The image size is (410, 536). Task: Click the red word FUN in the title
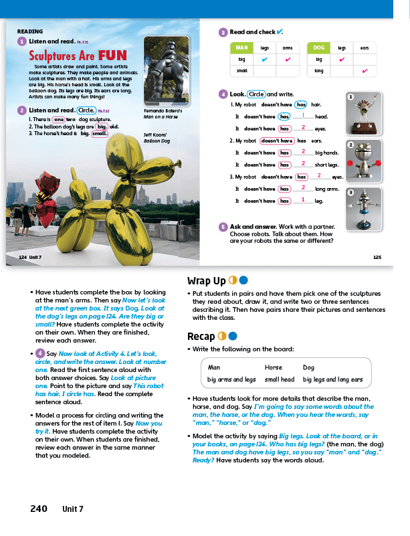click(x=112, y=56)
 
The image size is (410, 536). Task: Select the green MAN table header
click(x=241, y=48)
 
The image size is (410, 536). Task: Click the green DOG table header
click(x=318, y=48)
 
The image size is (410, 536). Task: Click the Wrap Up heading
click(x=207, y=281)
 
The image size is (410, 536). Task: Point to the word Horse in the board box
click(x=274, y=367)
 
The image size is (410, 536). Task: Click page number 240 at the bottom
click(x=39, y=509)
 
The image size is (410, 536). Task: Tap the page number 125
click(x=377, y=256)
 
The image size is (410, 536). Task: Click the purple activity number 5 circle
click(x=223, y=227)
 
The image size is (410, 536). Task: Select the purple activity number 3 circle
click(x=223, y=31)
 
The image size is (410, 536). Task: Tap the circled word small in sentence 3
click(x=99, y=133)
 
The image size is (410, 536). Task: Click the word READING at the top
click(x=30, y=31)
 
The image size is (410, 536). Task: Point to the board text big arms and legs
click(x=231, y=379)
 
